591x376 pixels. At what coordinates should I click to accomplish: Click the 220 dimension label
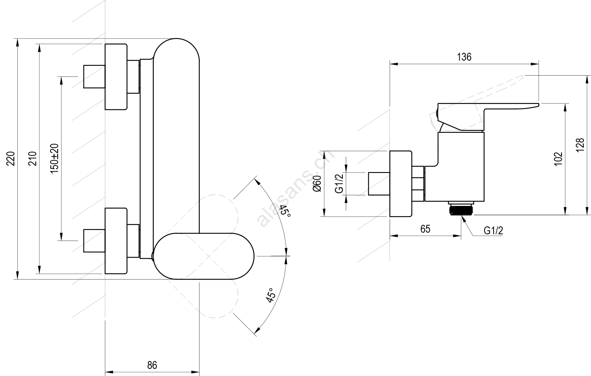[12, 158]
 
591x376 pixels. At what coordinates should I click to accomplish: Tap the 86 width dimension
[152, 365]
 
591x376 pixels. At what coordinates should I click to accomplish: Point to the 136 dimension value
[464, 57]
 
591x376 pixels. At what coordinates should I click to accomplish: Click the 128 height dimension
[580, 146]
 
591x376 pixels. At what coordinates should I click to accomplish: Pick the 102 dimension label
[558, 159]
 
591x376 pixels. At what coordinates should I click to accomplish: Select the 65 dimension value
[425, 229]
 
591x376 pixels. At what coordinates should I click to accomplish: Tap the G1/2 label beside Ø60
[339, 183]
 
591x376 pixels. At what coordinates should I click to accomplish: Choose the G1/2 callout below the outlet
[493, 231]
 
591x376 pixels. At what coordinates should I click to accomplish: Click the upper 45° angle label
[285, 214]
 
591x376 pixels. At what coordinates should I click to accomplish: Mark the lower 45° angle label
[271, 296]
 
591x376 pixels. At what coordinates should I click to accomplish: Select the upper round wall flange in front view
[116, 77]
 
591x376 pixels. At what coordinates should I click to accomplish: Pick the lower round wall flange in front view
[116, 241]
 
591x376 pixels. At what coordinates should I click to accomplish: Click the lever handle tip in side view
[532, 105]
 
